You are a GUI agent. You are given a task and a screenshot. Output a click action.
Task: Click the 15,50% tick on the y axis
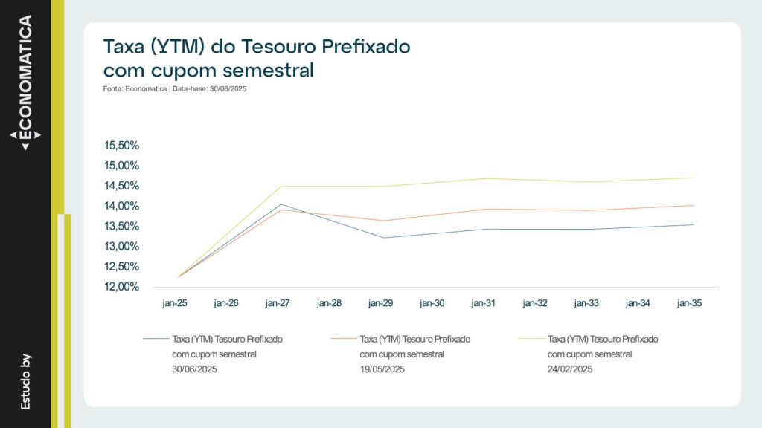pos(124,146)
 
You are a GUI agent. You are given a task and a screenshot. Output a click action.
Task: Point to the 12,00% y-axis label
pos(124,287)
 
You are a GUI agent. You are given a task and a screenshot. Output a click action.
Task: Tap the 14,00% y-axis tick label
pos(124,206)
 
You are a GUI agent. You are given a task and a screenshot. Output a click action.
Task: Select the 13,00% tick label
pos(124,247)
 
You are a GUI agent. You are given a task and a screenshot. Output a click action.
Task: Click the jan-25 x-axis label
pos(176,303)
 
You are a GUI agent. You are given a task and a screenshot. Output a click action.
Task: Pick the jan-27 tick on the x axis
pos(278,303)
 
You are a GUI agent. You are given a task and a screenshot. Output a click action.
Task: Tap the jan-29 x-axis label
pos(381,303)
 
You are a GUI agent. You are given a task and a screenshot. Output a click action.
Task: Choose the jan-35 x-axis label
pos(690,303)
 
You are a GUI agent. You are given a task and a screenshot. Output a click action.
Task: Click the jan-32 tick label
pos(536,303)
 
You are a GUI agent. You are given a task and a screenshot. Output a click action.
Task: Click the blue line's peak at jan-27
pos(281,204)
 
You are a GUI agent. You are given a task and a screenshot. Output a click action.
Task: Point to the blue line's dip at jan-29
pos(384,238)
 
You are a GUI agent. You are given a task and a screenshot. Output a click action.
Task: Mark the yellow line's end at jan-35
pos(693,178)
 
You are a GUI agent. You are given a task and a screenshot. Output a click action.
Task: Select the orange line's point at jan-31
pos(487,209)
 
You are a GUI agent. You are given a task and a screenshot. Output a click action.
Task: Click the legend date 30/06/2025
pos(194,369)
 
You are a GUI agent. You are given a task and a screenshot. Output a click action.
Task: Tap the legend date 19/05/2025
pos(382,369)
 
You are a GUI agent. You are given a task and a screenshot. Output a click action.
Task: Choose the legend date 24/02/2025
pos(569,369)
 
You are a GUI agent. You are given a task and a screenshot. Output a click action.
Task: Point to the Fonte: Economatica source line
pos(175,89)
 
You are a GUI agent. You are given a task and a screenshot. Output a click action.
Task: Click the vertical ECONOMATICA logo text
pos(25,77)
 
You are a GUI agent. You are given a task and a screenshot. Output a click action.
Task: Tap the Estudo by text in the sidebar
pos(25,381)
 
